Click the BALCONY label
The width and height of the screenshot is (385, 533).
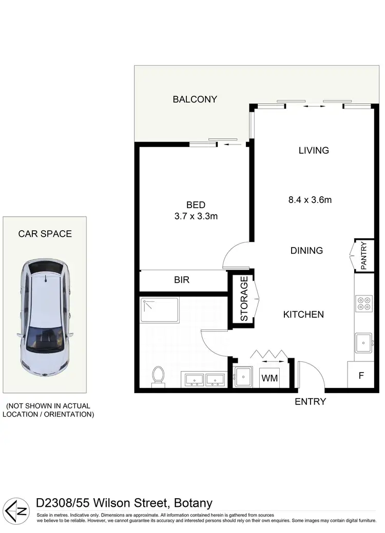(195, 99)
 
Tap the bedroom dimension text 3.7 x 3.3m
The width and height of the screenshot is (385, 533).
(196, 216)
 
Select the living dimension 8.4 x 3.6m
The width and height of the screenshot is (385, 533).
(310, 200)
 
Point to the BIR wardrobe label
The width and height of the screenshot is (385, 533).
(182, 280)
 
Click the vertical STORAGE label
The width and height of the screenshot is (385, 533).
(244, 299)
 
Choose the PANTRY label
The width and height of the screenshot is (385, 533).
(363, 255)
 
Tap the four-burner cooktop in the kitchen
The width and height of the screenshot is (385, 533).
(364, 304)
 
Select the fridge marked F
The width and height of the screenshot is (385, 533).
(361, 375)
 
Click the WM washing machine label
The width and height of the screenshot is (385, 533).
(270, 378)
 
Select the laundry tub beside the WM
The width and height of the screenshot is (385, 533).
(243, 378)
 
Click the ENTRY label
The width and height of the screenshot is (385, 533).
(310, 402)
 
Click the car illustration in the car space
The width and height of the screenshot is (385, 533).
(45, 318)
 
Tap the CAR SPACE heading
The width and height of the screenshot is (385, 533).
(45, 234)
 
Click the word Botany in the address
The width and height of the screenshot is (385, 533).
(193, 503)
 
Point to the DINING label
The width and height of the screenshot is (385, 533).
(306, 251)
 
